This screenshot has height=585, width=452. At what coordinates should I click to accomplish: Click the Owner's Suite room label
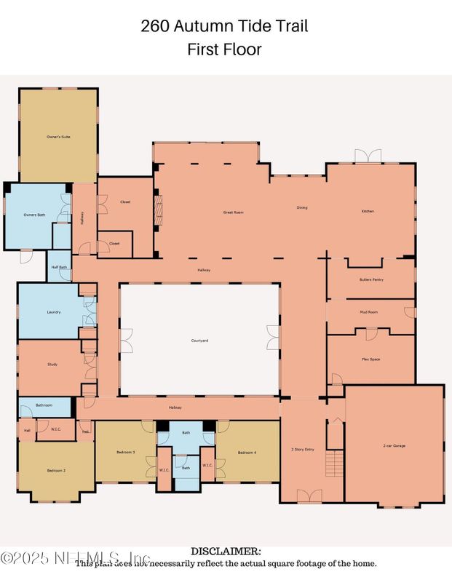click(x=58, y=137)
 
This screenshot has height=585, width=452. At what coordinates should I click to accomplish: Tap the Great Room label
click(x=233, y=212)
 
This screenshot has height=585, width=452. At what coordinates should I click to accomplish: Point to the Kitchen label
click(x=368, y=211)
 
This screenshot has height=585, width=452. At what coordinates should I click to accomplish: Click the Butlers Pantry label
click(x=371, y=280)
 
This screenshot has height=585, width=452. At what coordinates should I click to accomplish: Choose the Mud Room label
click(x=370, y=312)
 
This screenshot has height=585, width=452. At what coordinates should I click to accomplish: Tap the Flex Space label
click(x=370, y=359)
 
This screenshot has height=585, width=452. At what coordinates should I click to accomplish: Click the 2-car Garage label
click(x=394, y=445)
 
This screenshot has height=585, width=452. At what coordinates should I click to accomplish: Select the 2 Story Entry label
click(x=303, y=450)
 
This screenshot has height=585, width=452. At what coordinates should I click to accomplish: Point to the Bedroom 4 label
click(x=247, y=453)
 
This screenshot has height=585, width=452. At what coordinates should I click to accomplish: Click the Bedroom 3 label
click(x=126, y=453)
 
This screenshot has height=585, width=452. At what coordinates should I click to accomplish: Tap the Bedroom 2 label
click(x=56, y=471)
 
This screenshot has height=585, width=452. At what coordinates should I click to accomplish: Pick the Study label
click(x=52, y=365)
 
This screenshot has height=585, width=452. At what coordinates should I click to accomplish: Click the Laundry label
click(x=53, y=312)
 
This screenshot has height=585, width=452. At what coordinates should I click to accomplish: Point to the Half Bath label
click(x=59, y=267)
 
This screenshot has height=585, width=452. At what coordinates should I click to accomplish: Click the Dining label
click(x=302, y=207)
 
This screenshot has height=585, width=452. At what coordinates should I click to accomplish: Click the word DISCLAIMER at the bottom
click(x=225, y=552)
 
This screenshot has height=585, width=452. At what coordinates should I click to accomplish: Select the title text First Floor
click(x=225, y=49)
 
